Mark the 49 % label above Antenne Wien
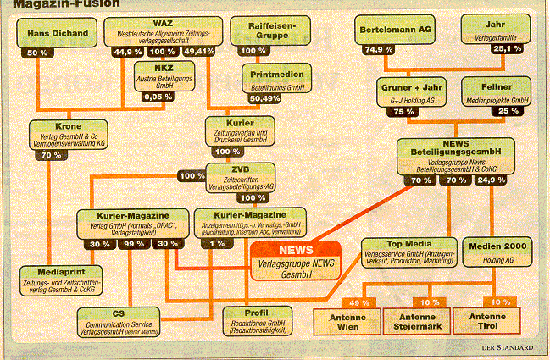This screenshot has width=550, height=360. pyautogui.click(x=358, y=302)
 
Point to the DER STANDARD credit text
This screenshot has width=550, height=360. pyautogui.click(x=505, y=347)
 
